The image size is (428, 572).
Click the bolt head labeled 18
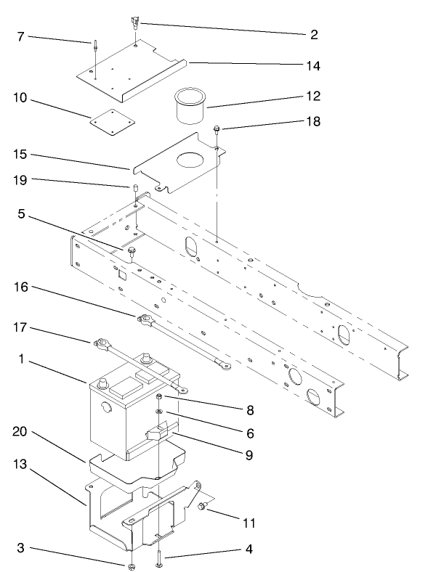(x=217, y=131)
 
